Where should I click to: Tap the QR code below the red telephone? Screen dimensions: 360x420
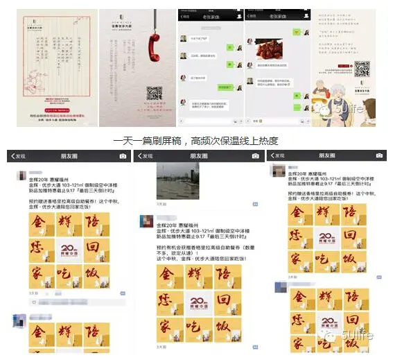154,92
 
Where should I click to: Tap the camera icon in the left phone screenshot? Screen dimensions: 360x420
123,156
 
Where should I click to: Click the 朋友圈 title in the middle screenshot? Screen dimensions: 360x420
200,156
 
